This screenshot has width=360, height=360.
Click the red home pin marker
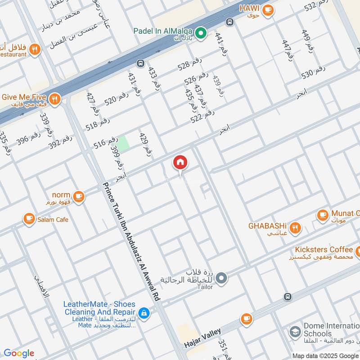point(180,162)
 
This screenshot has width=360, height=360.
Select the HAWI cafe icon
point(268,9)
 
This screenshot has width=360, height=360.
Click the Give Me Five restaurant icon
point(55,99)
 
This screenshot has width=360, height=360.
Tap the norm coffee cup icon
point(79,196)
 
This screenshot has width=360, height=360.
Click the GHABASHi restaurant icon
point(295,228)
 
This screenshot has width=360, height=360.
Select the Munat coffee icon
point(323,215)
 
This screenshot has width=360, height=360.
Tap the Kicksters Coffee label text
point(324,249)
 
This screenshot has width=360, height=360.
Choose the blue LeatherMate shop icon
point(144,313)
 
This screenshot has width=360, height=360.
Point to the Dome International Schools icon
point(295,333)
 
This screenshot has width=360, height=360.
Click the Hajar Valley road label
point(202,338)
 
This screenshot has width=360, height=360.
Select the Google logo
point(18,353)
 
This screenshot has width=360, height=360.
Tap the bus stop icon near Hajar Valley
point(288,297)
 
